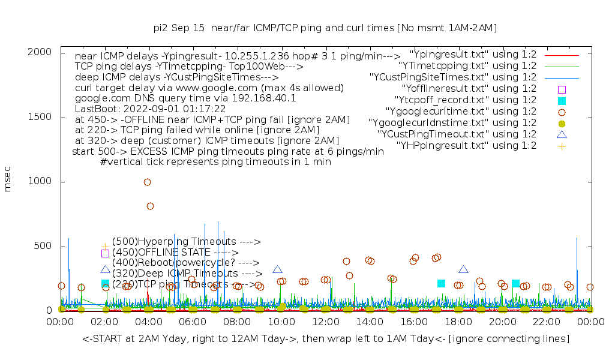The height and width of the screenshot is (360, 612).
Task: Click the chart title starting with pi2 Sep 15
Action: pos(325,28)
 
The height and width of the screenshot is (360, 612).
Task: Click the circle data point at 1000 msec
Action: pos(148,182)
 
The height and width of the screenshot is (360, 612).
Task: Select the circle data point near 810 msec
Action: pos(150,206)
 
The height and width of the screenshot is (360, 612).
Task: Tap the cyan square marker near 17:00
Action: pos(442,283)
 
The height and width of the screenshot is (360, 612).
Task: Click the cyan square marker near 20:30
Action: pos(515,283)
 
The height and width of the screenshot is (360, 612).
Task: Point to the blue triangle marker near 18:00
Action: pos(463,270)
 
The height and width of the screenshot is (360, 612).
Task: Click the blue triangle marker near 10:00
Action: pos(277,270)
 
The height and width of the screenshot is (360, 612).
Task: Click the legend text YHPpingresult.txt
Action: pos(466,145)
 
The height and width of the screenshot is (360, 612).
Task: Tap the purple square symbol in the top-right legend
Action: pos(562,89)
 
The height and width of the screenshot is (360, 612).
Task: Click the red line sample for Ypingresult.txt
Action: pos(562,55)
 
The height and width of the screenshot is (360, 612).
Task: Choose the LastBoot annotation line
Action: pos(150,109)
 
